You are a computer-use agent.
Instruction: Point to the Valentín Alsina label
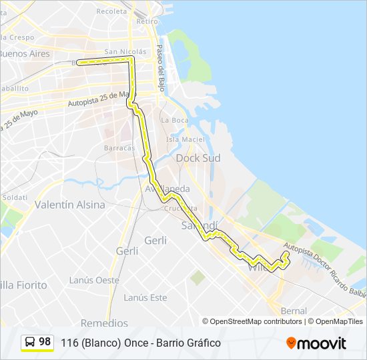pos(70,205)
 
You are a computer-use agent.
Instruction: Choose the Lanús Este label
pos(145,297)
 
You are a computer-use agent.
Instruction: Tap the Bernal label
pos(294,311)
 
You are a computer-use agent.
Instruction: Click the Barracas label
pos(119,148)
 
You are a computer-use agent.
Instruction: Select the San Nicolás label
pos(125,51)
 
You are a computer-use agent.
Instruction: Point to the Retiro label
pos(147,21)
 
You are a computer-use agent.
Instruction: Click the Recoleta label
pos(111,11)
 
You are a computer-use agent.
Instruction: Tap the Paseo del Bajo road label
pos(160,68)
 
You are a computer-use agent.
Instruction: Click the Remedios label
pos(104,323)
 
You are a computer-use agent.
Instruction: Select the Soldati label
pos(14,197)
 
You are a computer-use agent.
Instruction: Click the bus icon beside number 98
pos(30,343)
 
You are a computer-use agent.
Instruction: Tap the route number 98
pos(45,342)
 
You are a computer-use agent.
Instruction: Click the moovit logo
pos(316,343)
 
